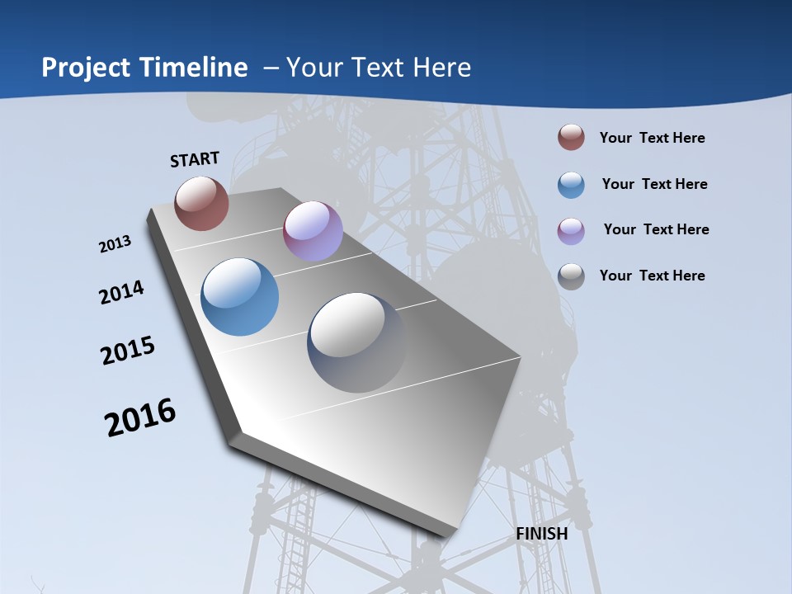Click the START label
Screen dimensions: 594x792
coord(195,159)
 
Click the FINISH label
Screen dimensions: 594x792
coord(542,534)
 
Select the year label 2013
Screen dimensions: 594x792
coord(115,244)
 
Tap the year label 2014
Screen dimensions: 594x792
coord(122,293)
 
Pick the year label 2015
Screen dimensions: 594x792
coord(128,351)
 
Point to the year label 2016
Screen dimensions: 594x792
coord(140,417)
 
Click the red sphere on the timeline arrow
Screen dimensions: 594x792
coord(201,203)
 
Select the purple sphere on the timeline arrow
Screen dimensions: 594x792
coord(313,231)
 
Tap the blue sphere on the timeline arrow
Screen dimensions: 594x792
coord(239,297)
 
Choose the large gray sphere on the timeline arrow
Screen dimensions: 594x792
coord(356,342)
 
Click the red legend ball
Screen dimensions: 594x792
coord(571,138)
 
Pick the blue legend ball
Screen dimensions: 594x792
coord(571,185)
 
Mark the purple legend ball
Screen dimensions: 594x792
coord(571,231)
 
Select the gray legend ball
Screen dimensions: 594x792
coord(571,276)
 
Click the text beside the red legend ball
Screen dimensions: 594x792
coord(652,138)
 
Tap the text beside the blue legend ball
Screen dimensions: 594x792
coord(654,184)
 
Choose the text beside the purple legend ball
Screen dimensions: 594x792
coord(656,229)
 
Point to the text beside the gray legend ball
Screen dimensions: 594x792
coord(652,276)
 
